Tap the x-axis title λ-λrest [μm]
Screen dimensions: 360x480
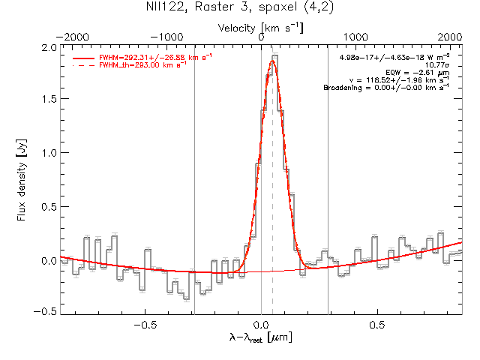click(x=261, y=339)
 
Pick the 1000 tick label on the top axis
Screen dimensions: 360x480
click(x=355, y=36)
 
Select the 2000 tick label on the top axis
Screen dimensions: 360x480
click(x=450, y=36)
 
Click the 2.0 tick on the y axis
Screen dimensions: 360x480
click(x=48, y=47)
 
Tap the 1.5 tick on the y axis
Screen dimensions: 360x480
click(x=48, y=100)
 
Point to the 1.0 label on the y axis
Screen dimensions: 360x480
click(x=48, y=154)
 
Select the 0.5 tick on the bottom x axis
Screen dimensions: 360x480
click(x=378, y=325)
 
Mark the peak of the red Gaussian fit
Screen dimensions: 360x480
click(x=272, y=61)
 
